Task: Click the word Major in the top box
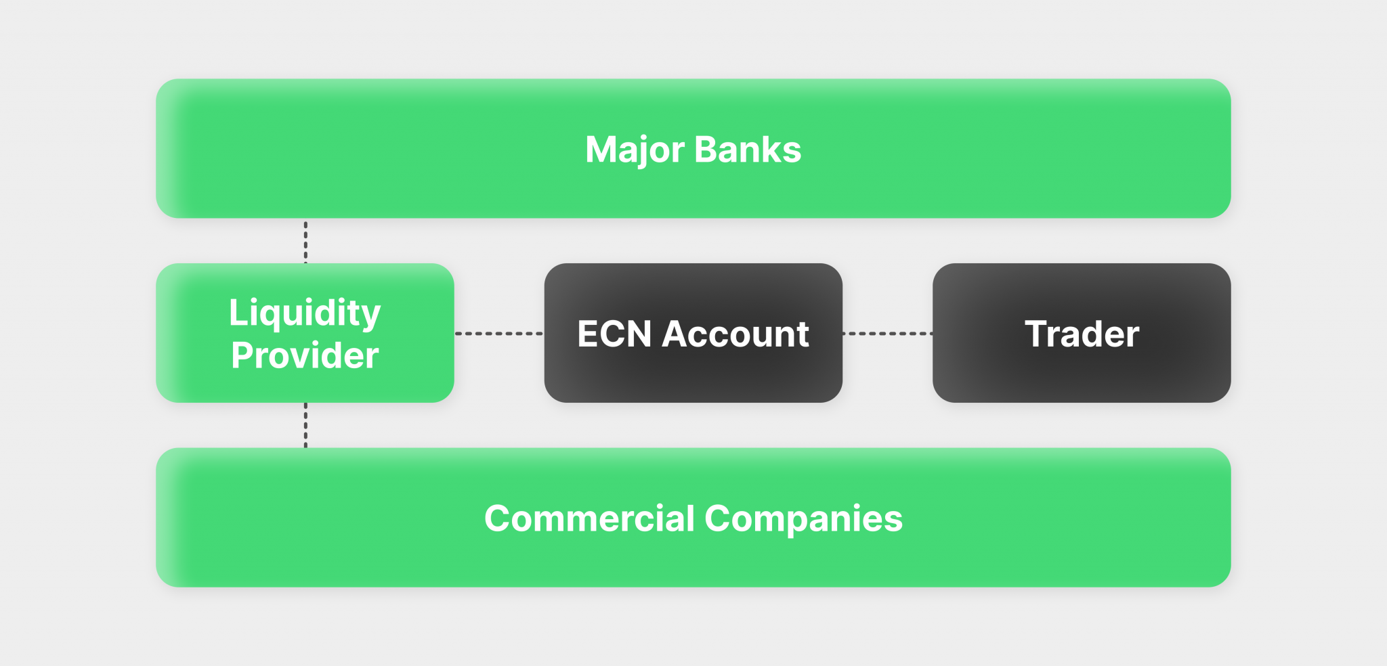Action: point(634,150)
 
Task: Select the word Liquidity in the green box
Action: point(305,313)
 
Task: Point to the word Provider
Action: point(305,356)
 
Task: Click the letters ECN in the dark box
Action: point(614,334)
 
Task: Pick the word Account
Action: point(735,334)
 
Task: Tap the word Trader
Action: point(1082,334)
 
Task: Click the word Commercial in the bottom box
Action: point(589,519)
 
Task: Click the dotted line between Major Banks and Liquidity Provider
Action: point(305,241)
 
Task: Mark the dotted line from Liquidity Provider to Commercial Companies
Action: point(305,425)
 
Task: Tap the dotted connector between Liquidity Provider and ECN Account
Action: point(498,334)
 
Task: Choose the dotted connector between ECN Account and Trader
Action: point(887,334)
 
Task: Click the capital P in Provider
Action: point(242,356)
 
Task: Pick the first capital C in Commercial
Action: point(498,519)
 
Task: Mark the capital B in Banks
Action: point(706,150)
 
